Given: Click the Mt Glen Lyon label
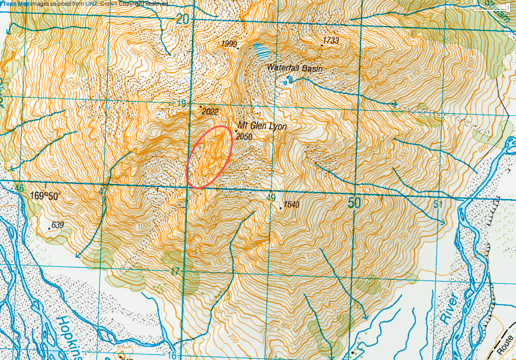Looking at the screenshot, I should tap(262, 127).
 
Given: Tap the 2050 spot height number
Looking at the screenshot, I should tap(245, 137).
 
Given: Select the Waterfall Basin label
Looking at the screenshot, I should tap(295, 68).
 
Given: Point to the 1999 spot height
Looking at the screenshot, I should tap(229, 44).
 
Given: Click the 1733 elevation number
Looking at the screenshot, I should tap(331, 40).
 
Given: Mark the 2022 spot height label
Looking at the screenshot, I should tap(210, 112).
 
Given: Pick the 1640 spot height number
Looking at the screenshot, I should tap(292, 204).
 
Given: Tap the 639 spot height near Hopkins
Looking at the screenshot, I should tap(57, 224).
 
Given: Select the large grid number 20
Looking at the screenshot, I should tap(183, 19).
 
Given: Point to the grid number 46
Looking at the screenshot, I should tap(20, 189).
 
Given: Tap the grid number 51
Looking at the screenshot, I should tap(438, 204).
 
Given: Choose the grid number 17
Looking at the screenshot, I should tap(175, 271).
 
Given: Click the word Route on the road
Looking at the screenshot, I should tap(507, 345).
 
